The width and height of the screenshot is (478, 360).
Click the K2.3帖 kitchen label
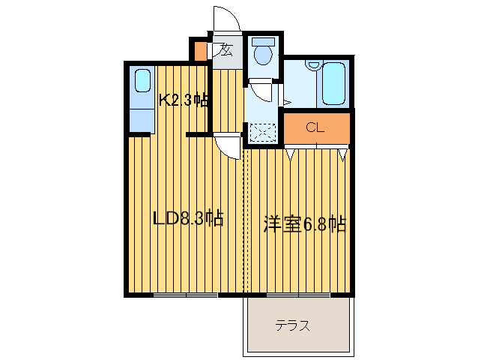183,100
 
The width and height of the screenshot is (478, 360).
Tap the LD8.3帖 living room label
187,220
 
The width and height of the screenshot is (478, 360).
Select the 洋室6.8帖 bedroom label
303,223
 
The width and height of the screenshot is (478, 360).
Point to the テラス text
292,326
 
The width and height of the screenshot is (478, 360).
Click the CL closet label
315,127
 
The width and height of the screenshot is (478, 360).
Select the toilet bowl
262,54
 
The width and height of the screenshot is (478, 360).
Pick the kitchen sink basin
142,81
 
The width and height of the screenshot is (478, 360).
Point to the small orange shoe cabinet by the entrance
201,51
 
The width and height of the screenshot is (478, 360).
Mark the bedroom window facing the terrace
297,295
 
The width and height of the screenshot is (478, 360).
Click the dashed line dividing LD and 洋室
244,225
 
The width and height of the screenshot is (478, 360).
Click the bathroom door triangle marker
286,100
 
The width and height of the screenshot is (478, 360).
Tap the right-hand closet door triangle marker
342,154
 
